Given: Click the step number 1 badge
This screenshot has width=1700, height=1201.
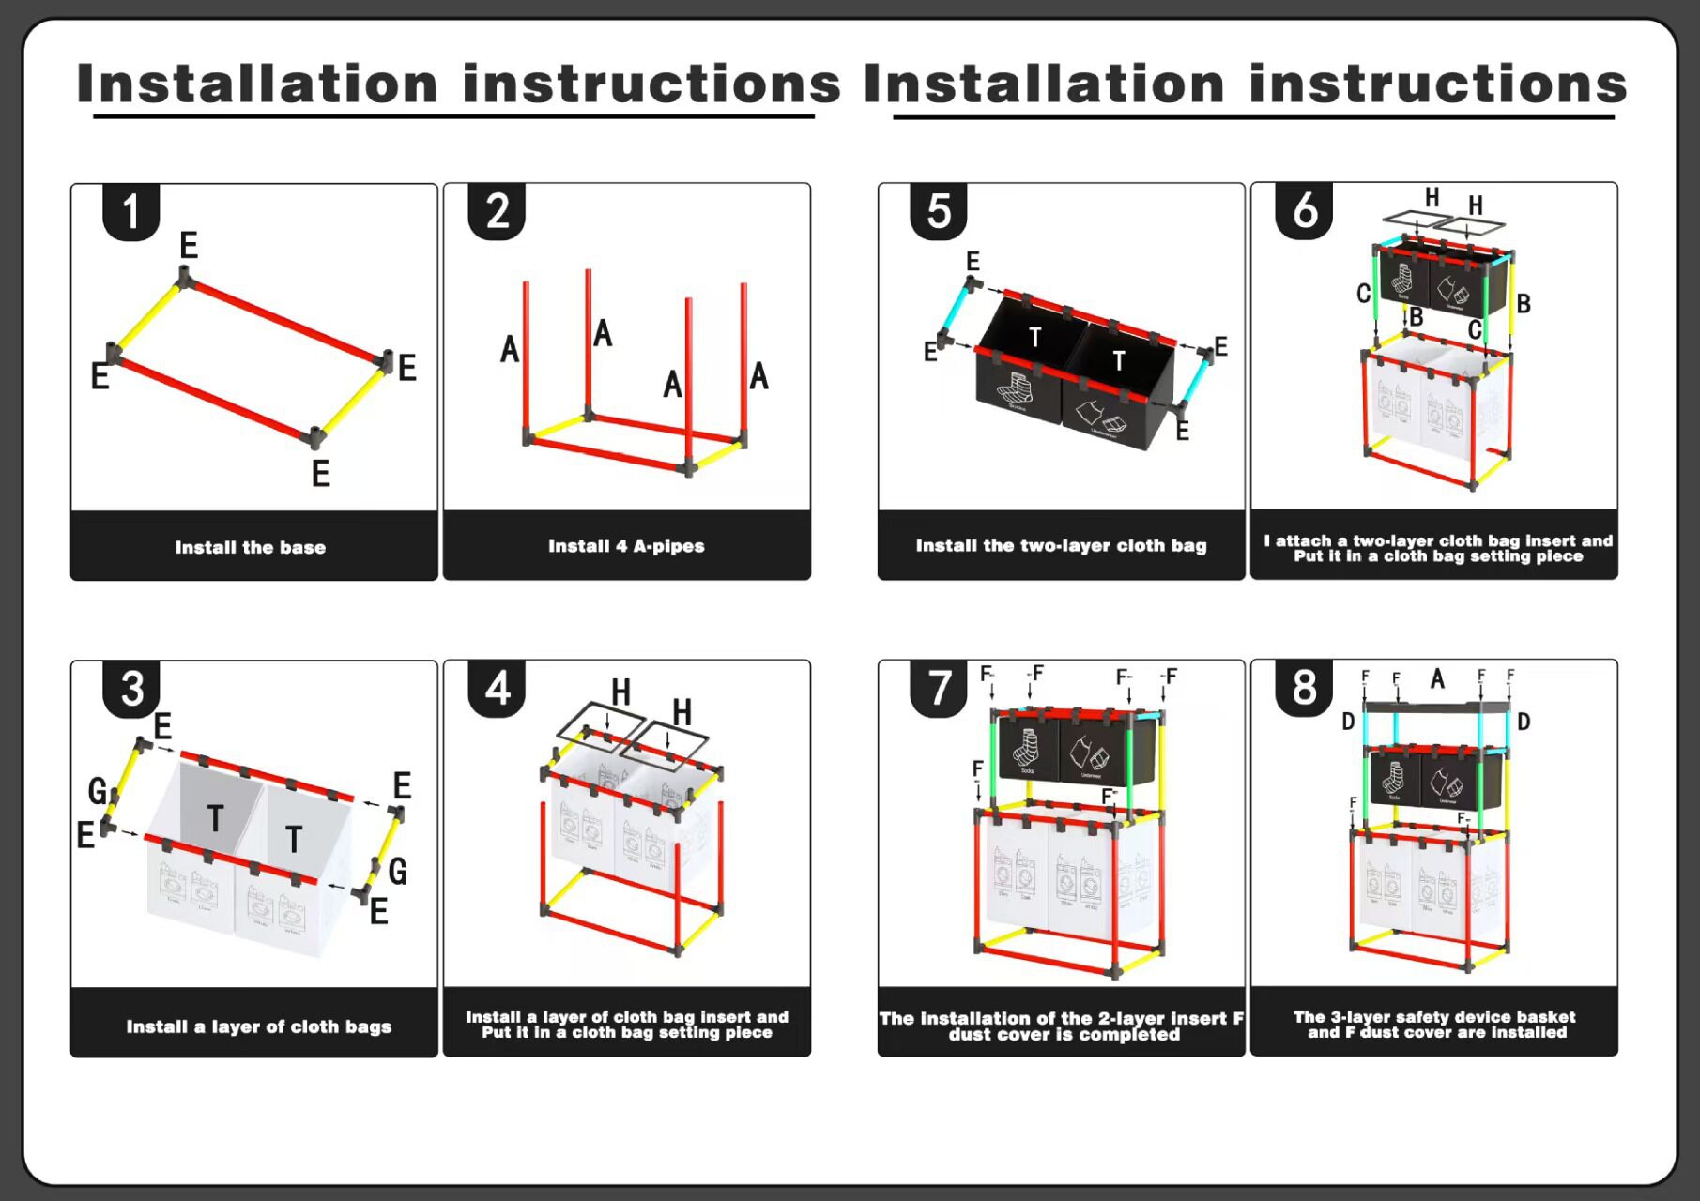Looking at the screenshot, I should point(130,211).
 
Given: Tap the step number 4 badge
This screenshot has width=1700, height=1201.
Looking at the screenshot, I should point(497,688).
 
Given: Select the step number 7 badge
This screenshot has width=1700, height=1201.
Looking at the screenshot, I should point(938,688).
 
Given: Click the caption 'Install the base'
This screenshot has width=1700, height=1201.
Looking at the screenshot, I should point(251,547).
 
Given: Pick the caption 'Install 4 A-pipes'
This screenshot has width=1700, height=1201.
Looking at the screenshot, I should point(626,546).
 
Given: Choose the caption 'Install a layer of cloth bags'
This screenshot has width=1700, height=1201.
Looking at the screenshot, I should point(259,1026).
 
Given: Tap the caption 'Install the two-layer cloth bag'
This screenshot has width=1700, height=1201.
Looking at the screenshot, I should point(1061,545).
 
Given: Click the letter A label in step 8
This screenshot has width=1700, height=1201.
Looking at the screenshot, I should point(1437,678).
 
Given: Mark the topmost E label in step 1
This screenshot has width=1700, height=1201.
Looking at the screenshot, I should point(189,246).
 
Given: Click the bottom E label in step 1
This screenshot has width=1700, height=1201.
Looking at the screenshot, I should point(321,474).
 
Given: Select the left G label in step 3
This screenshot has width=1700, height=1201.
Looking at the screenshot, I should point(98,791).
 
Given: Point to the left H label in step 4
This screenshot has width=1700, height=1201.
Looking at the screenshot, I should point(620,692).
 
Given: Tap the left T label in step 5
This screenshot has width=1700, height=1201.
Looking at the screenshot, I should point(1034,337).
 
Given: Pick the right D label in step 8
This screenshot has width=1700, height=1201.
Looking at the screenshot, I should point(1524,722).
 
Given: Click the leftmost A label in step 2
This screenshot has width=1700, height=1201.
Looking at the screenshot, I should point(510,349).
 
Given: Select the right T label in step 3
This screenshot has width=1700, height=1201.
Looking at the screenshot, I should point(294,839).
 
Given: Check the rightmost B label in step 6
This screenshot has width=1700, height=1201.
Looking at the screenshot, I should point(1524,304).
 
